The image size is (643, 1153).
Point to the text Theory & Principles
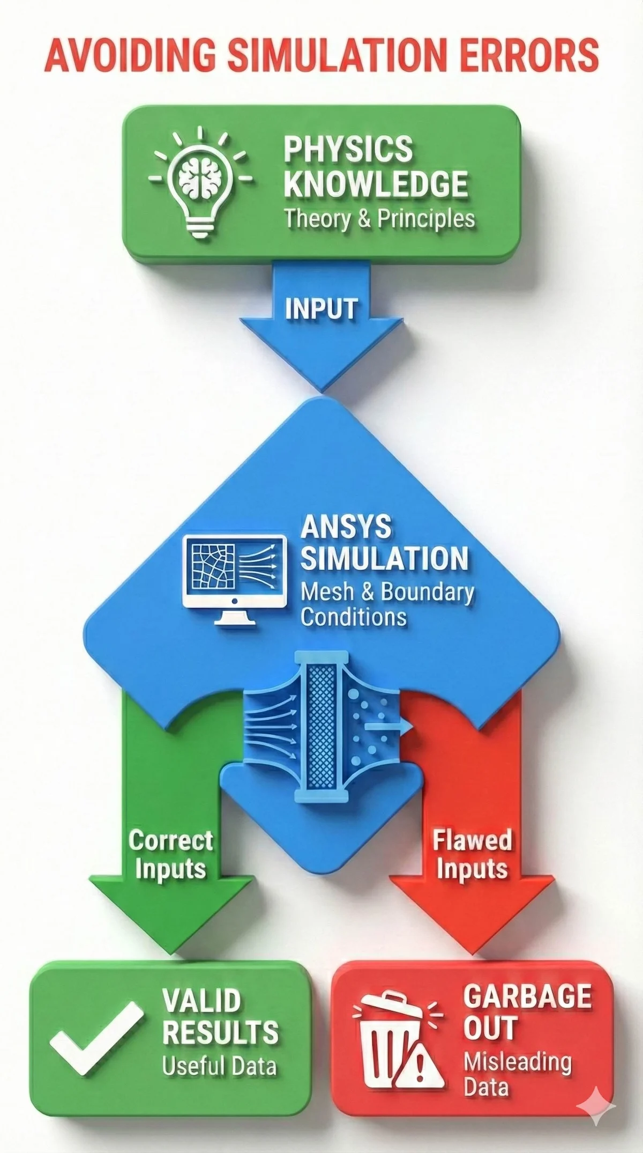379,219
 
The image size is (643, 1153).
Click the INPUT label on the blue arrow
321,309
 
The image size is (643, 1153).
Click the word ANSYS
346,527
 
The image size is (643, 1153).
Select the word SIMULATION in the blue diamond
384,558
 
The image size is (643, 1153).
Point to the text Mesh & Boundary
387,592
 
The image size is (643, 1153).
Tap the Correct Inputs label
170,853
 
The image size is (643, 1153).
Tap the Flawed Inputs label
472,853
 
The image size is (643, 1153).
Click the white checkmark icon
96,1047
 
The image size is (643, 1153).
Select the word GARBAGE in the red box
527,997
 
